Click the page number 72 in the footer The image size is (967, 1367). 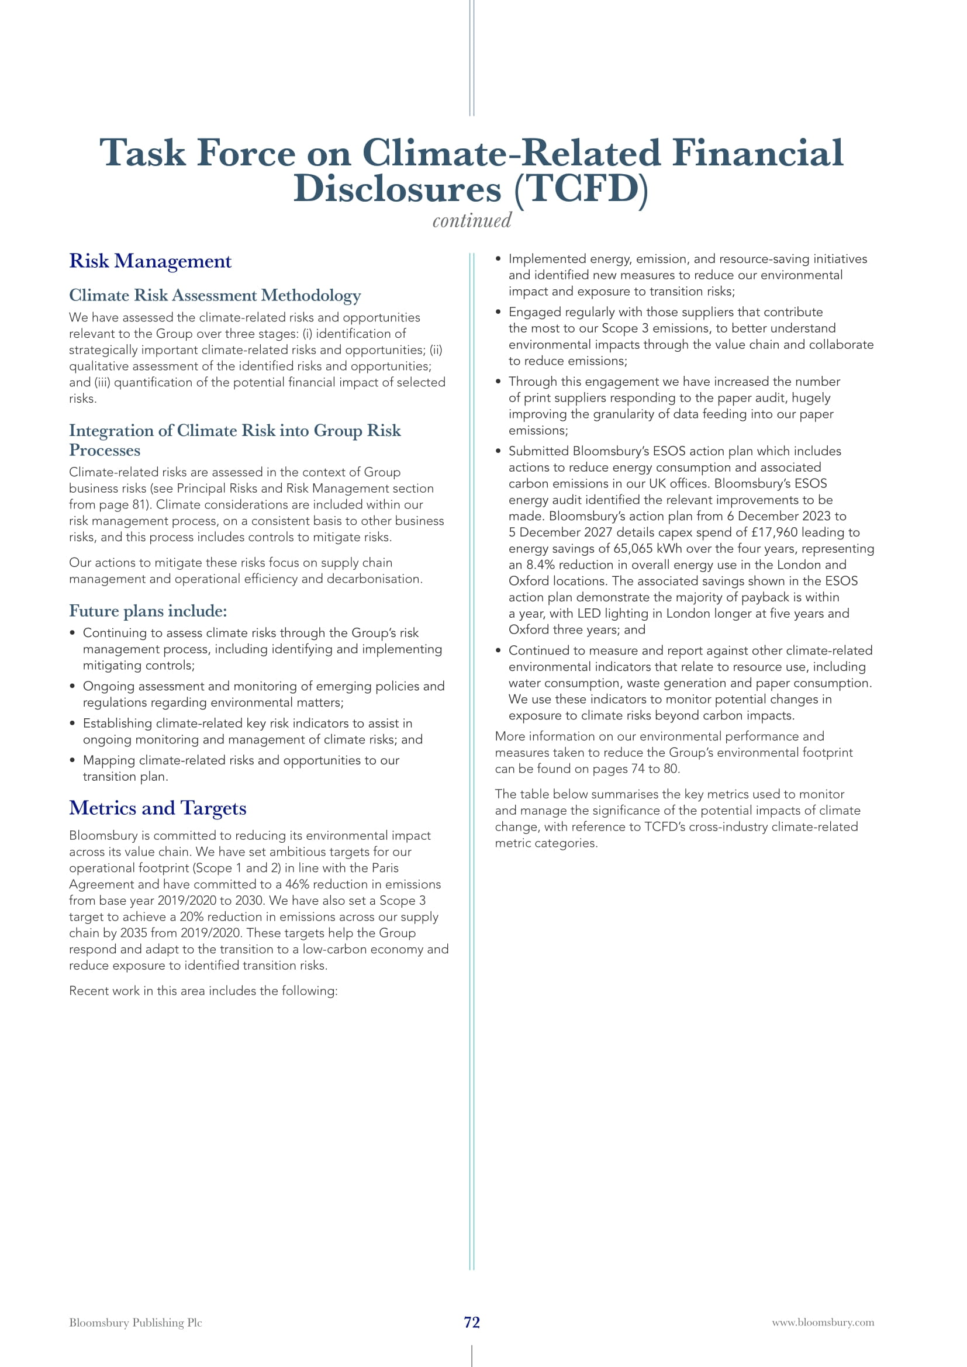[472, 1322]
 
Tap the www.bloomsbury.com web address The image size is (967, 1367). [823, 1322]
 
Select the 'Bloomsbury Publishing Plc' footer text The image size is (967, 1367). [135, 1323]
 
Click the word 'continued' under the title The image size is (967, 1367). [472, 221]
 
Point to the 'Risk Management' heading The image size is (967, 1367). [150, 261]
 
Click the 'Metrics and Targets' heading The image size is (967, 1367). [157, 808]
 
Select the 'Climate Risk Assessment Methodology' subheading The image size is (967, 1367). [215, 295]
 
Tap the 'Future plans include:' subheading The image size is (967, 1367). [148, 611]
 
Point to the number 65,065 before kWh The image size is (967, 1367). [633, 549]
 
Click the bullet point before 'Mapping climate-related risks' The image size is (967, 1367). [72, 760]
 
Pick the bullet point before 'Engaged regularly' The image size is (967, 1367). [498, 313]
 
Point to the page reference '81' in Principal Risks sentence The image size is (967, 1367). [139, 505]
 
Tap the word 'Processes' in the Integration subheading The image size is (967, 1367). [105, 451]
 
